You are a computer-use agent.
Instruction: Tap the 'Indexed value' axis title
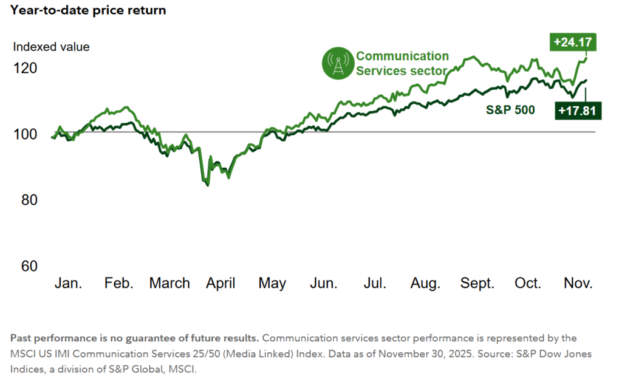(x=52, y=47)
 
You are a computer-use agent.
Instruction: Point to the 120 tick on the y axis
(x=26, y=68)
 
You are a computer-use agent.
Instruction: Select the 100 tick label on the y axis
(x=26, y=134)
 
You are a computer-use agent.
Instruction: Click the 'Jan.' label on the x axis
(x=69, y=283)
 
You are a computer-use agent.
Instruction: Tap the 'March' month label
(x=169, y=283)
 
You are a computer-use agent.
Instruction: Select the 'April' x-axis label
(x=220, y=283)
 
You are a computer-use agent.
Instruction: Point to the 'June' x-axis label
(x=324, y=283)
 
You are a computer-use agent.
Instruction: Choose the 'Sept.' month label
(x=477, y=283)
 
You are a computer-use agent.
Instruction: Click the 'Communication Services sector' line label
(x=402, y=63)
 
